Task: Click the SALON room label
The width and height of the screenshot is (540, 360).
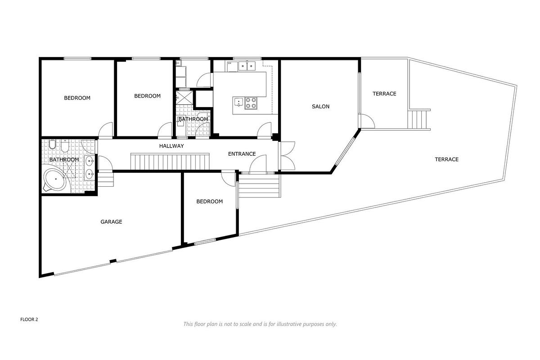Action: click(x=321, y=107)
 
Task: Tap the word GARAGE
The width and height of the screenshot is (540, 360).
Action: click(x=111, y=221)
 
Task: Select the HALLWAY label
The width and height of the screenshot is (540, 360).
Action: click(x=171, y=146)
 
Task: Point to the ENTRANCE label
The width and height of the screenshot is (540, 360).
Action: click(x=242, y=154)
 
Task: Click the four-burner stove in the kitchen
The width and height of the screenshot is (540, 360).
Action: click(x=251, y=103)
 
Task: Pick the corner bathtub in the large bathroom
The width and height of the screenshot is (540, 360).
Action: click(x=55, y=180)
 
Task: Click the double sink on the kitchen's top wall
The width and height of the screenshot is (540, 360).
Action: click(x=246, y=66)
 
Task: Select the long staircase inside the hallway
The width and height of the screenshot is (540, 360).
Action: click(x=170, y=162)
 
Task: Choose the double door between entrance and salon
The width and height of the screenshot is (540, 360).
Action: click(x=286, y=155)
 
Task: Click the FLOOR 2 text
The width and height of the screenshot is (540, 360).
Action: click(x=29, y=319)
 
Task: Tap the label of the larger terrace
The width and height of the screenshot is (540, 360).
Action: click(x=446, y=159)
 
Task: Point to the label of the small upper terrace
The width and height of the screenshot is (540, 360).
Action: click(x=384, y=94)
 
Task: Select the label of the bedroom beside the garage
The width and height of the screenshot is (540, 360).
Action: click(x=209, y=201)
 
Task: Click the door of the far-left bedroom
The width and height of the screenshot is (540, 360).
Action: click(x=106, y=130)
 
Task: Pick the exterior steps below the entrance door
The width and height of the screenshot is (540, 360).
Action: click(x=259, y=185)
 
